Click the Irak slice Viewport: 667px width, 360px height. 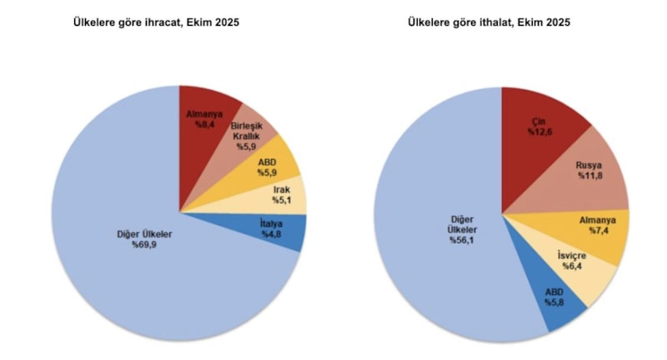click(283, 196)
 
